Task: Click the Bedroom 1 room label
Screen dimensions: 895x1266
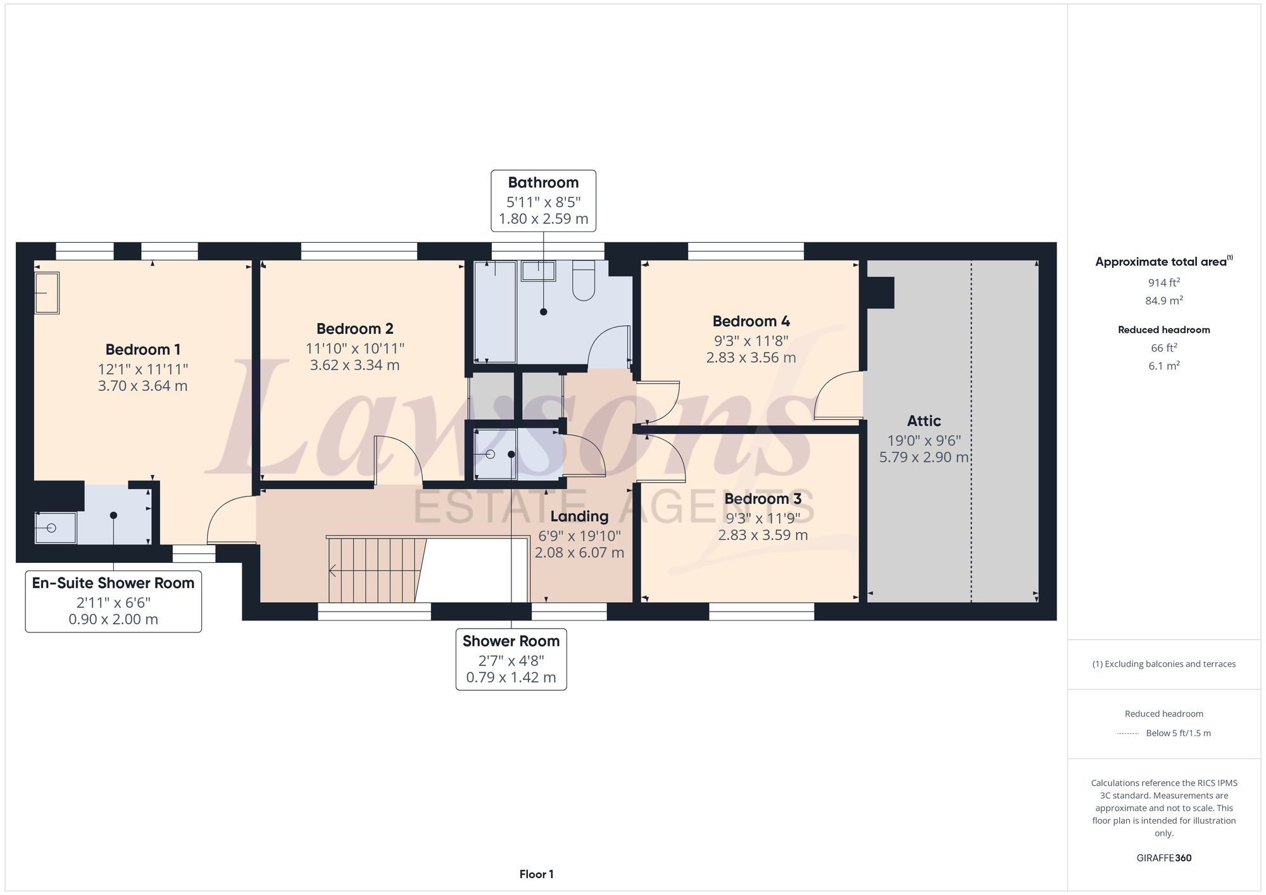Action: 142,349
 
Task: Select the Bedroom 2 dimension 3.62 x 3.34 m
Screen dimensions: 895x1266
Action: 354,365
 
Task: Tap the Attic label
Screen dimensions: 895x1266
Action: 924,421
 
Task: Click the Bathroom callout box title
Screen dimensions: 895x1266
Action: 543,183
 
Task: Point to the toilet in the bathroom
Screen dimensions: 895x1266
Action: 583,281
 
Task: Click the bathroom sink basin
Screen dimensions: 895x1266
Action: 538,271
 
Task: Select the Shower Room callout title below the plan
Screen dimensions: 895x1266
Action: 511,641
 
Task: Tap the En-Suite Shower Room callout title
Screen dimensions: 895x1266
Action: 113,583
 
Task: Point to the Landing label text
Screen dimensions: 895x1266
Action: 579,516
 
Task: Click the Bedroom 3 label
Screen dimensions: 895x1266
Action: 762,498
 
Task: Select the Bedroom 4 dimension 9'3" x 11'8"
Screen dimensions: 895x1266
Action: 751,341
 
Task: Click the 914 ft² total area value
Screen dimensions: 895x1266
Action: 1163,283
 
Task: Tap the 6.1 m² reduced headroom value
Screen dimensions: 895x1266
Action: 1163,366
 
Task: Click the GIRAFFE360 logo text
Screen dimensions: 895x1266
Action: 1163,858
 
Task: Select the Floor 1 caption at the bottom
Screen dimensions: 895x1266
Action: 536,874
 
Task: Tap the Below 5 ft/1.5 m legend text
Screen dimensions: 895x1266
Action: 1178,733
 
